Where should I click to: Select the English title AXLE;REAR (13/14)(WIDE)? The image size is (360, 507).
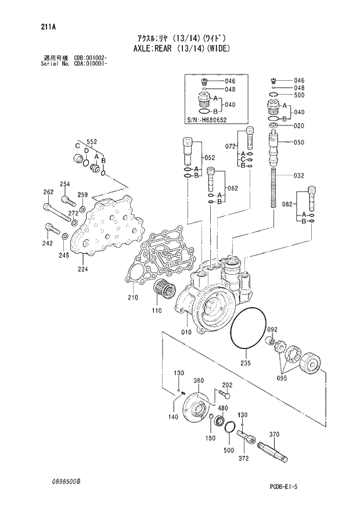[178, 49]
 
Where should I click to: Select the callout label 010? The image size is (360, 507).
[186, 333]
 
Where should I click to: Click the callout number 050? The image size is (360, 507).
[300, 142]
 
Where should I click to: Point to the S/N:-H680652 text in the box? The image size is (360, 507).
[207, 120]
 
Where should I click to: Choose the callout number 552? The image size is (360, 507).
[92, 142]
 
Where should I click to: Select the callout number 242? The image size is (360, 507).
[47, 243]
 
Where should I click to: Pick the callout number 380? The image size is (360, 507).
[199, 381]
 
